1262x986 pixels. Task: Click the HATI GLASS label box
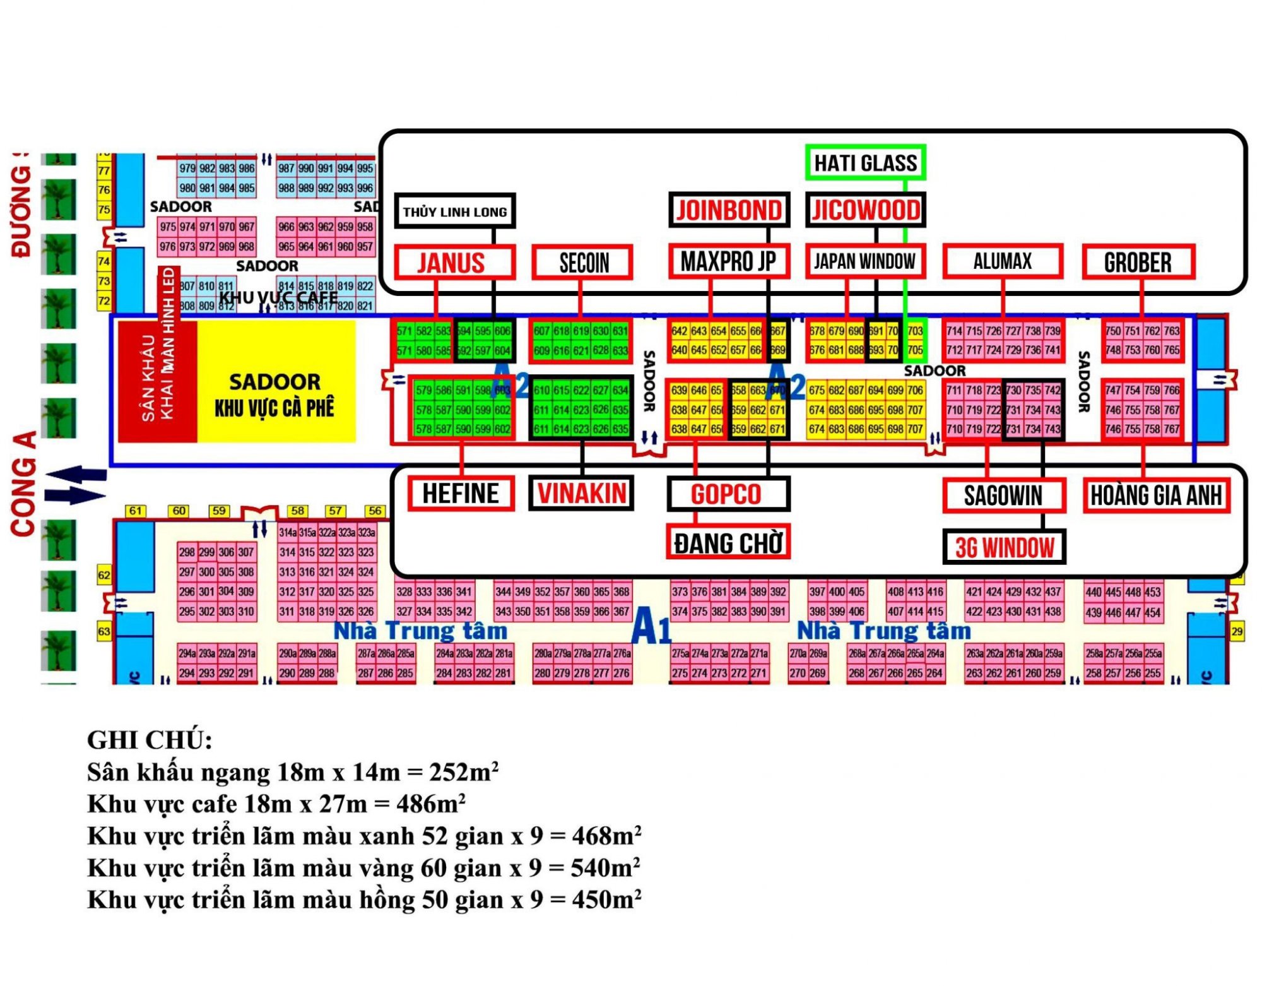(x=865, y=163)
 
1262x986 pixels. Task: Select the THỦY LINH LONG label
(x=454, y=211)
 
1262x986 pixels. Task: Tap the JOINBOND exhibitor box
(x=729, y=210)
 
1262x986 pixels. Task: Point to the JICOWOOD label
(x=865, y=210)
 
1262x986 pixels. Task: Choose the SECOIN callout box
(x=582, y=262)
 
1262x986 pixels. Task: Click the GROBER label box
(x=1138, y=262)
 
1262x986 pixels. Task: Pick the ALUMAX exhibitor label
(x=1002, y=261)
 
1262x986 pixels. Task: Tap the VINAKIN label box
(x=581, y=493)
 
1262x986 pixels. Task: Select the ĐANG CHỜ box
(x=728, y=542)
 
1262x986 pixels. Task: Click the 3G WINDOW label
(x=1004, y=547)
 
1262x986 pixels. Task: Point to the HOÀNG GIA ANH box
(x=1156, y=495)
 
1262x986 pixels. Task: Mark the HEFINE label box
(x=461, y=493)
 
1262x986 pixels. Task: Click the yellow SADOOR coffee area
(x=276, y=381)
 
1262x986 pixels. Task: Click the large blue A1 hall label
(x=651, y=627)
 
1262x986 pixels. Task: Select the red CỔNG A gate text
(x=23, y=484)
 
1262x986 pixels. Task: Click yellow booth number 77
(x=104, y=170)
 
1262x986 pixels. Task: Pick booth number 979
(x=187, y=168)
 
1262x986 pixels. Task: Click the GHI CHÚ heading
(x=150, y=740)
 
